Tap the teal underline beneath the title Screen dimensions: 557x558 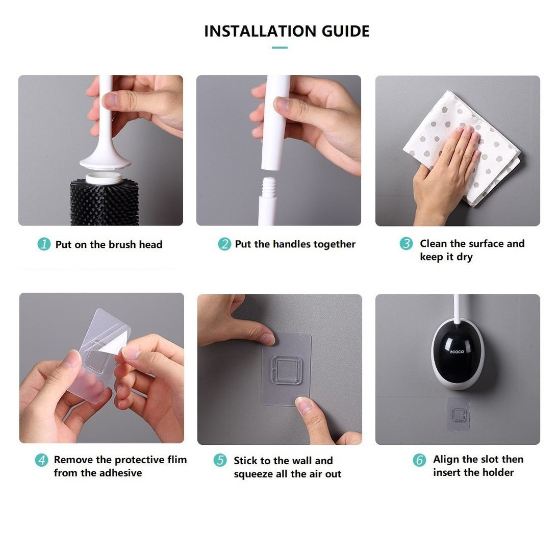point(279,47)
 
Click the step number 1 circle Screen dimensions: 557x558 point(44,244)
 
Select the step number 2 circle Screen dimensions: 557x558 point(224,244)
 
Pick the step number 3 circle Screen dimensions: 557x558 point(405,244)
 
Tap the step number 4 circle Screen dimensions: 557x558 point(42,460)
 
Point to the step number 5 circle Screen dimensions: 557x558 point(220,460)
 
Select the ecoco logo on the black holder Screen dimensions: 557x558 point(457,352)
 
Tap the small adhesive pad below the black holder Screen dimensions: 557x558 point(459,414)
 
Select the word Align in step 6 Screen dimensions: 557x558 point(446,459)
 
